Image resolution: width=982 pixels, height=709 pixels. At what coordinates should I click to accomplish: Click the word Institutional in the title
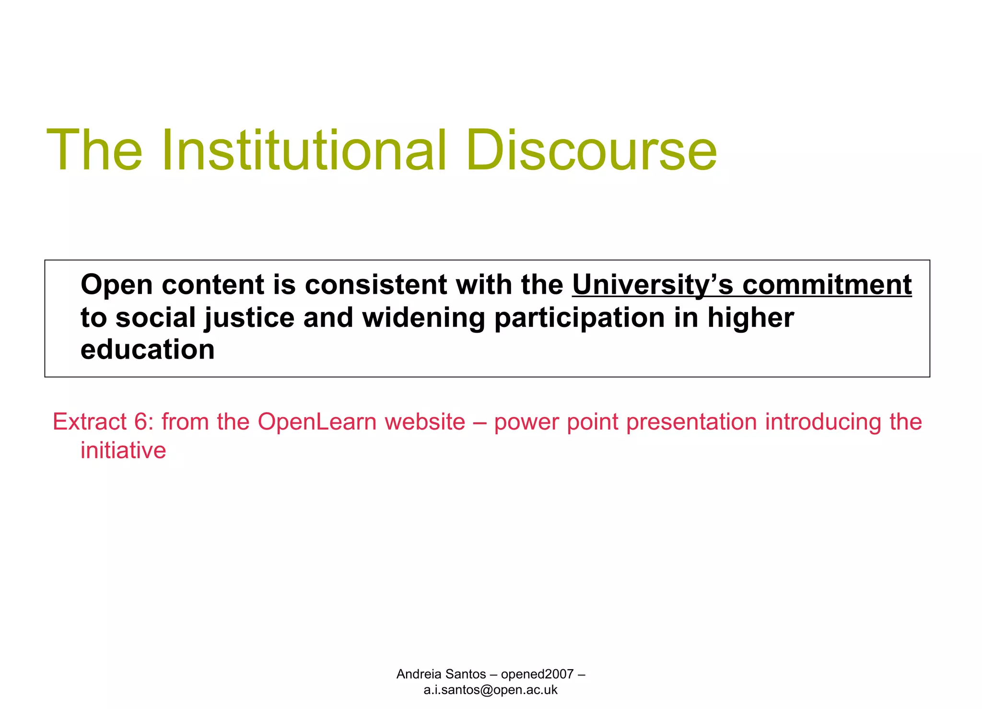click(304, 150)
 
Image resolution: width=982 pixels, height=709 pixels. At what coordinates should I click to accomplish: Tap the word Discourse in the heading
click(591, 150)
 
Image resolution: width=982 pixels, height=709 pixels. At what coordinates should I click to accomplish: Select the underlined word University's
click(653, 285)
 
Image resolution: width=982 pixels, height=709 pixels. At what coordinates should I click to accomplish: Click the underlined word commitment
click(827, 285)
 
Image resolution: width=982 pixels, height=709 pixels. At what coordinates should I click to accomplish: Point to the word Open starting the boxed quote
click(117, 285)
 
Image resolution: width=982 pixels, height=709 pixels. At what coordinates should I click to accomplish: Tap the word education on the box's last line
click(147, 349)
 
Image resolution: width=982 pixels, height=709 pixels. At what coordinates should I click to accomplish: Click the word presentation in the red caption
click(692, 422)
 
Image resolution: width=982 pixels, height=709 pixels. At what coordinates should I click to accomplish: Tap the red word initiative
click(123, 450)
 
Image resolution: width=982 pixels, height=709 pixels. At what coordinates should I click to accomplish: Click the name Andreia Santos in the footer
click(441, 674)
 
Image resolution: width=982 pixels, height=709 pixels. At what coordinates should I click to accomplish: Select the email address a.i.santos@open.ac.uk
click(491, 690)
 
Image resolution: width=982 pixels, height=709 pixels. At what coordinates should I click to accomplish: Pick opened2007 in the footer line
click(537, 674)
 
